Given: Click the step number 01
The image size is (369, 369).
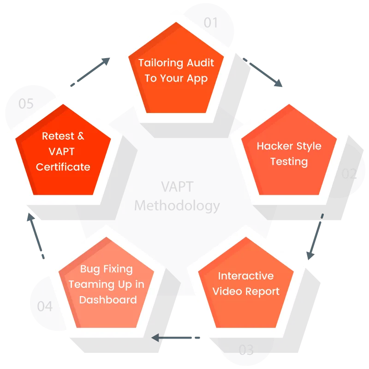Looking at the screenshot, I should pyautogui.click(x=210, y=22).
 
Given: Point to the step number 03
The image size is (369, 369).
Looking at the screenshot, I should pyautogui.click(x=246, y=350).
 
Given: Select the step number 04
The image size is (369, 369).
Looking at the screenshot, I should pyautogui.click(x=45, y=306).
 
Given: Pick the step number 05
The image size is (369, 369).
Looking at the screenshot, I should pyautogui.click(x=26, y=103).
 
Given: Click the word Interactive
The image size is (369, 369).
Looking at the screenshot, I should pyautogui.click(x=246, y=276).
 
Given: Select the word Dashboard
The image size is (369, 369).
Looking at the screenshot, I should pyautogui.click(x=108, y=300).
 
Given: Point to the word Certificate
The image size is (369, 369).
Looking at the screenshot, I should pyautogui.click(x=63, y=167).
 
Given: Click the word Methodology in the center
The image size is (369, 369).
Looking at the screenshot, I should pyautogui.click(x=177, y=205).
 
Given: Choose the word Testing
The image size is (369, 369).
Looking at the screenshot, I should pyautogui.click(x=289, y=162).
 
